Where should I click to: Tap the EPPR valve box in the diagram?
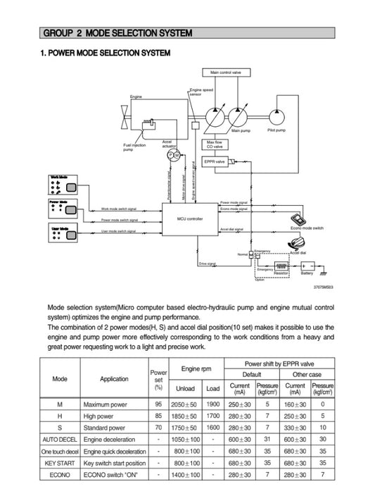pos(214,162)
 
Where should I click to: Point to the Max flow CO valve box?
pos(214,144)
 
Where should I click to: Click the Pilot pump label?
pos(277,130)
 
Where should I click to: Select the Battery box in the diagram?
pos(307,268)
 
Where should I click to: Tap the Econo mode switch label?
pos(307,229)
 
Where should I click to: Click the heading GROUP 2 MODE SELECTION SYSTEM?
pos(117,33)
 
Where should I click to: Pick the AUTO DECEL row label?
pos(60,438)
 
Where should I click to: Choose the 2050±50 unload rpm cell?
pos(185,405)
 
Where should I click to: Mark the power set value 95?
pos(158,405)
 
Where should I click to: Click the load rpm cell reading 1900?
pos(212,405)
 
